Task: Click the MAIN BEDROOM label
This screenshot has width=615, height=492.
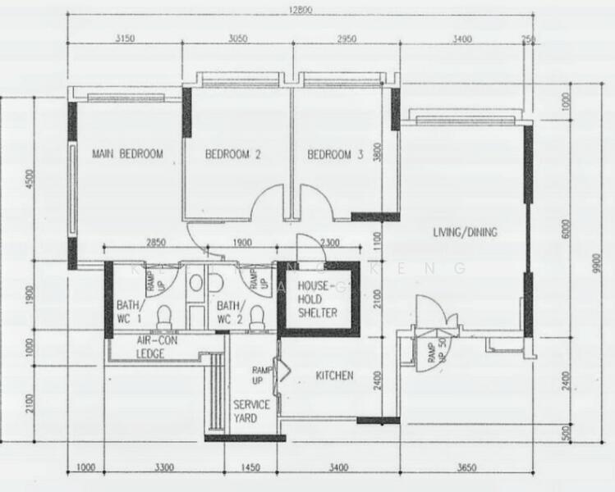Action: click(x=127, y=153)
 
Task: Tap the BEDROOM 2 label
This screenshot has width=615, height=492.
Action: click(x=232, y=154)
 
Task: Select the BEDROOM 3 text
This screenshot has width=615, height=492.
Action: click(x=335, y=154)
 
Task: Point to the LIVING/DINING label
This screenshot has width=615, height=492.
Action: click(x=465, y=232)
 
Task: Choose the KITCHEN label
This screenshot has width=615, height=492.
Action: click(x=335, y=376)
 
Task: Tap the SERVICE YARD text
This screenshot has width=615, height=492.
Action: click(x=251, y=411)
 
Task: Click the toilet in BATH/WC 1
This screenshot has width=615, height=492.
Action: click(x=163, y=316)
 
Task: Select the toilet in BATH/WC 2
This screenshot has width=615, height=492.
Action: click(x=257, y=316)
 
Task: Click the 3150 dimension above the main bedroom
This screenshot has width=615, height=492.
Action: click(x=126, y=38)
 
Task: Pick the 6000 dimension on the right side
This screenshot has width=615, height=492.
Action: click(x=566, y=232)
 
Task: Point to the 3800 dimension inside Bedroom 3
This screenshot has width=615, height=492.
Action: click(x=376, y=154)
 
